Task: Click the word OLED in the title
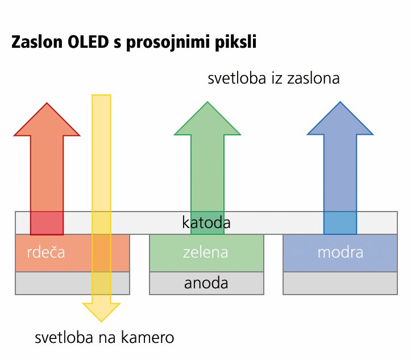[x=88, y=42]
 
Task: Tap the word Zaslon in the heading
[x=37, y=42]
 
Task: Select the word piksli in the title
[x=235, y=43]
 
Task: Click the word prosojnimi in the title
[x=168, y=43]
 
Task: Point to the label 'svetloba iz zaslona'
[x=273, y=78]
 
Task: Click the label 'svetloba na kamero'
[x=105, y=337]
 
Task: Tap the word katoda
[x=206, y=222]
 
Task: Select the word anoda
[x=206, y=283]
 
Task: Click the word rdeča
[x=46, y=252]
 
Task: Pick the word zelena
[x=206, y=253]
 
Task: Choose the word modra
[x=341, y=253]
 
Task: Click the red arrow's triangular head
[x=47, y=119]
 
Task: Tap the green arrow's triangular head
[x=207, y=118]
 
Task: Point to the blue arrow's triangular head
[x=341, y=118]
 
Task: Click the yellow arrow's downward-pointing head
[x=101, y=312]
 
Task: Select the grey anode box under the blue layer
[x=341, y=283]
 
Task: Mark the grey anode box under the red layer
[x=72, y=283]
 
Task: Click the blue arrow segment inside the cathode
[x=341, y=223]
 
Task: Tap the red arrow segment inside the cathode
[x=47, y=223]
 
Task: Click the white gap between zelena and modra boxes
[x=273, y=264]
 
